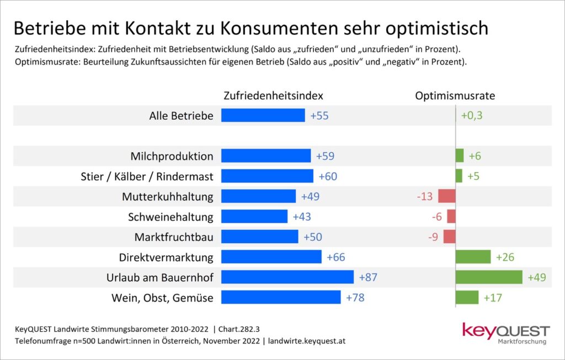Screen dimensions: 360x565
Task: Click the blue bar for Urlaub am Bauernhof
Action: [x=287, y=277]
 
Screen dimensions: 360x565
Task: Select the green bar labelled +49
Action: [x=489, y=277]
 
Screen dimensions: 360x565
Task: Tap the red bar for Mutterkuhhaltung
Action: [x=446, y=196]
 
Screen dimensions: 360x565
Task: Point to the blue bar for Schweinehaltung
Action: [x=254, y=216]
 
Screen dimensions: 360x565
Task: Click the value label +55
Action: [x=319, y=115]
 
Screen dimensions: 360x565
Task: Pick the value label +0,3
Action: [x=472, y=115]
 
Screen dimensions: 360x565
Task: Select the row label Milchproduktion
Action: [x=172, y=156]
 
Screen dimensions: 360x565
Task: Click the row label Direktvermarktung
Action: [x=166, y=257]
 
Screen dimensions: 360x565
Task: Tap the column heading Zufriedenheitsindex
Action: [x=273, y=95]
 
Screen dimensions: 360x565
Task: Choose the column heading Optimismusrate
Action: [x=455, y=95]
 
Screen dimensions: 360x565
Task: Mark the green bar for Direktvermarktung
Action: [x=473, y=257]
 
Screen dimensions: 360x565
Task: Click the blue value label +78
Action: [x=355, y=297]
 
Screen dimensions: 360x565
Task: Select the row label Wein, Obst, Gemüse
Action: [x=163, y=298]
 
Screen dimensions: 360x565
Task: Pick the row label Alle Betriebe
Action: [x=181, y=116]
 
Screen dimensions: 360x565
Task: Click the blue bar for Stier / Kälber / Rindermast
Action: [x=267, y=176]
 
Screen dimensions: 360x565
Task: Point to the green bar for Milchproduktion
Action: [x=460, y=155]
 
